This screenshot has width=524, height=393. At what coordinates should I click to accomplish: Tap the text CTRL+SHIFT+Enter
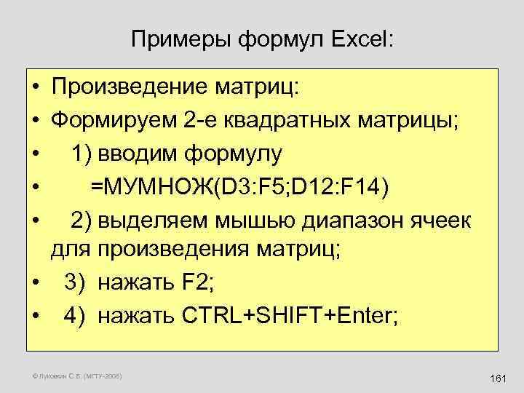point(285,315)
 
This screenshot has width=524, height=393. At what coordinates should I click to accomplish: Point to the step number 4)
point(75,315)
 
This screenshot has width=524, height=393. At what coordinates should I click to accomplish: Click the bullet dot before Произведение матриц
point(35,90)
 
